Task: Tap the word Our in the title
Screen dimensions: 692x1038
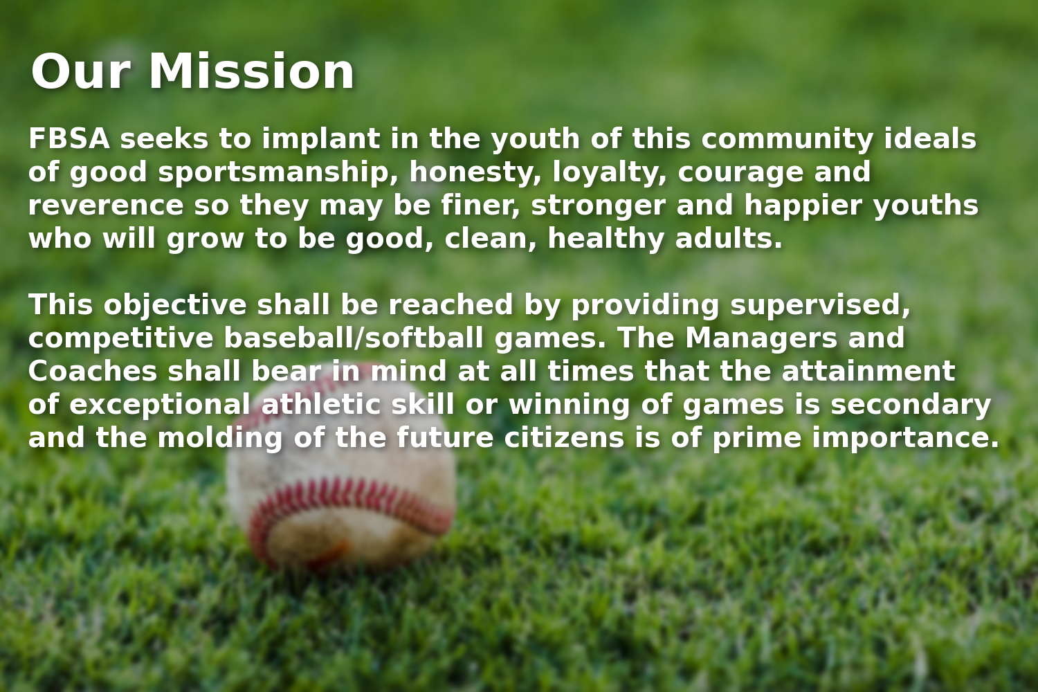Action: tap(80, 72)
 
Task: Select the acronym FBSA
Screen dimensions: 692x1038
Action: tap(69, 139)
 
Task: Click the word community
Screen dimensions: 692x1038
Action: tap(787, 139)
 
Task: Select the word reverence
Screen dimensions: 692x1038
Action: tap(105, 206)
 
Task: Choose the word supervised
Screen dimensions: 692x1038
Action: tap(820, 306)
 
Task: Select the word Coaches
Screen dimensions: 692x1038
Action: tap(93, 372)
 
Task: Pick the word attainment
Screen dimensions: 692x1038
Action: tap(868, 372)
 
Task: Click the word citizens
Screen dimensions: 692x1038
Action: tap(564, 438)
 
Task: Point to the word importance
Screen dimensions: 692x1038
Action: tap(905, 438)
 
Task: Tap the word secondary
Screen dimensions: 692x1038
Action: tap(911, 405)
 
